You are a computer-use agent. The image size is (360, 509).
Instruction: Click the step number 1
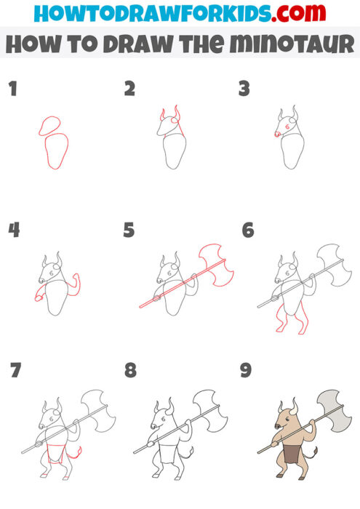coord(12,90)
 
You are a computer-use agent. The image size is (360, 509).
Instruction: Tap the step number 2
coord(129,89)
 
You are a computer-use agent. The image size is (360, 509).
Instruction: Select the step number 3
coord(244,89)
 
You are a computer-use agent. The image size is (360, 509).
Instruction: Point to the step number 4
coord(14,231)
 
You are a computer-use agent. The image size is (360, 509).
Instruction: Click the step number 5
coord(129,231)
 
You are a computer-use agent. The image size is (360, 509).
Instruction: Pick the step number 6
coord(247,231)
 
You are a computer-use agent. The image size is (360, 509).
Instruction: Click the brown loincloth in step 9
coord(290,455)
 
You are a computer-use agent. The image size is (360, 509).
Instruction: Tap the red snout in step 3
coord(276,134)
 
